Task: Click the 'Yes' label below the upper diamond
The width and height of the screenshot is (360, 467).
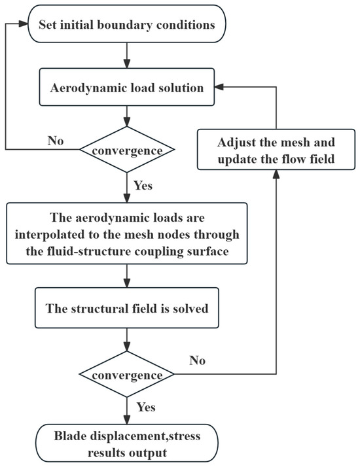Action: (x=142, y=186)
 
